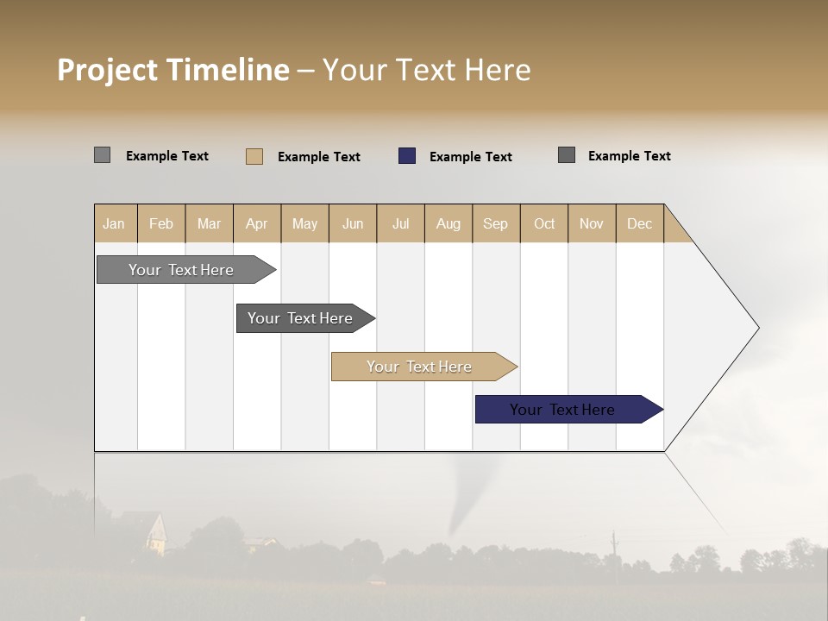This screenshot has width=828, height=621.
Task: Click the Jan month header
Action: [115, 223]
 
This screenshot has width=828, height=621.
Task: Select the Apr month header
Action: [257, 223]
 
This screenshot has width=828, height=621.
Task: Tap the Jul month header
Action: [400, 223]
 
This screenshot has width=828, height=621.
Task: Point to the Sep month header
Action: [495, 223]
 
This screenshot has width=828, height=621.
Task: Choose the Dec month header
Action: [639, 223]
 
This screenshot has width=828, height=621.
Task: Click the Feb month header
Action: [161, 223]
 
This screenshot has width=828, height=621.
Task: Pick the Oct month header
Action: [544, 223]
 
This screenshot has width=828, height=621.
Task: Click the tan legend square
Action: [254, 156]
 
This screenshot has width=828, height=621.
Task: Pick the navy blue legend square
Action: [407, 156]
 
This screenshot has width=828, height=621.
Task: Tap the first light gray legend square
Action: [102, 155]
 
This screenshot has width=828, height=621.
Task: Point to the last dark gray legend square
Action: [567, 155]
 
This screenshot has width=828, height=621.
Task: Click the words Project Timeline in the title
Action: [173, 70]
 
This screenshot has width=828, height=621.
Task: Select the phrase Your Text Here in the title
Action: [426, 70]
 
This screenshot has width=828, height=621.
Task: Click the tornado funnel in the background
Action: [466, 500]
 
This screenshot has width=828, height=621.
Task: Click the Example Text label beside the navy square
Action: [470, 157]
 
